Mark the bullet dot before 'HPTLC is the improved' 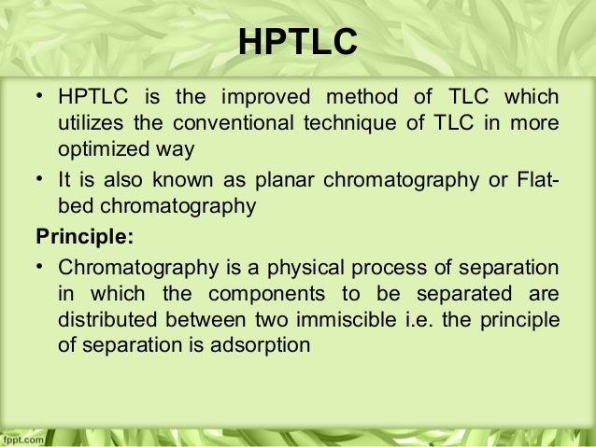(x=41, y=98)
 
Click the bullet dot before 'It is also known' (x=41, y=180)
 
